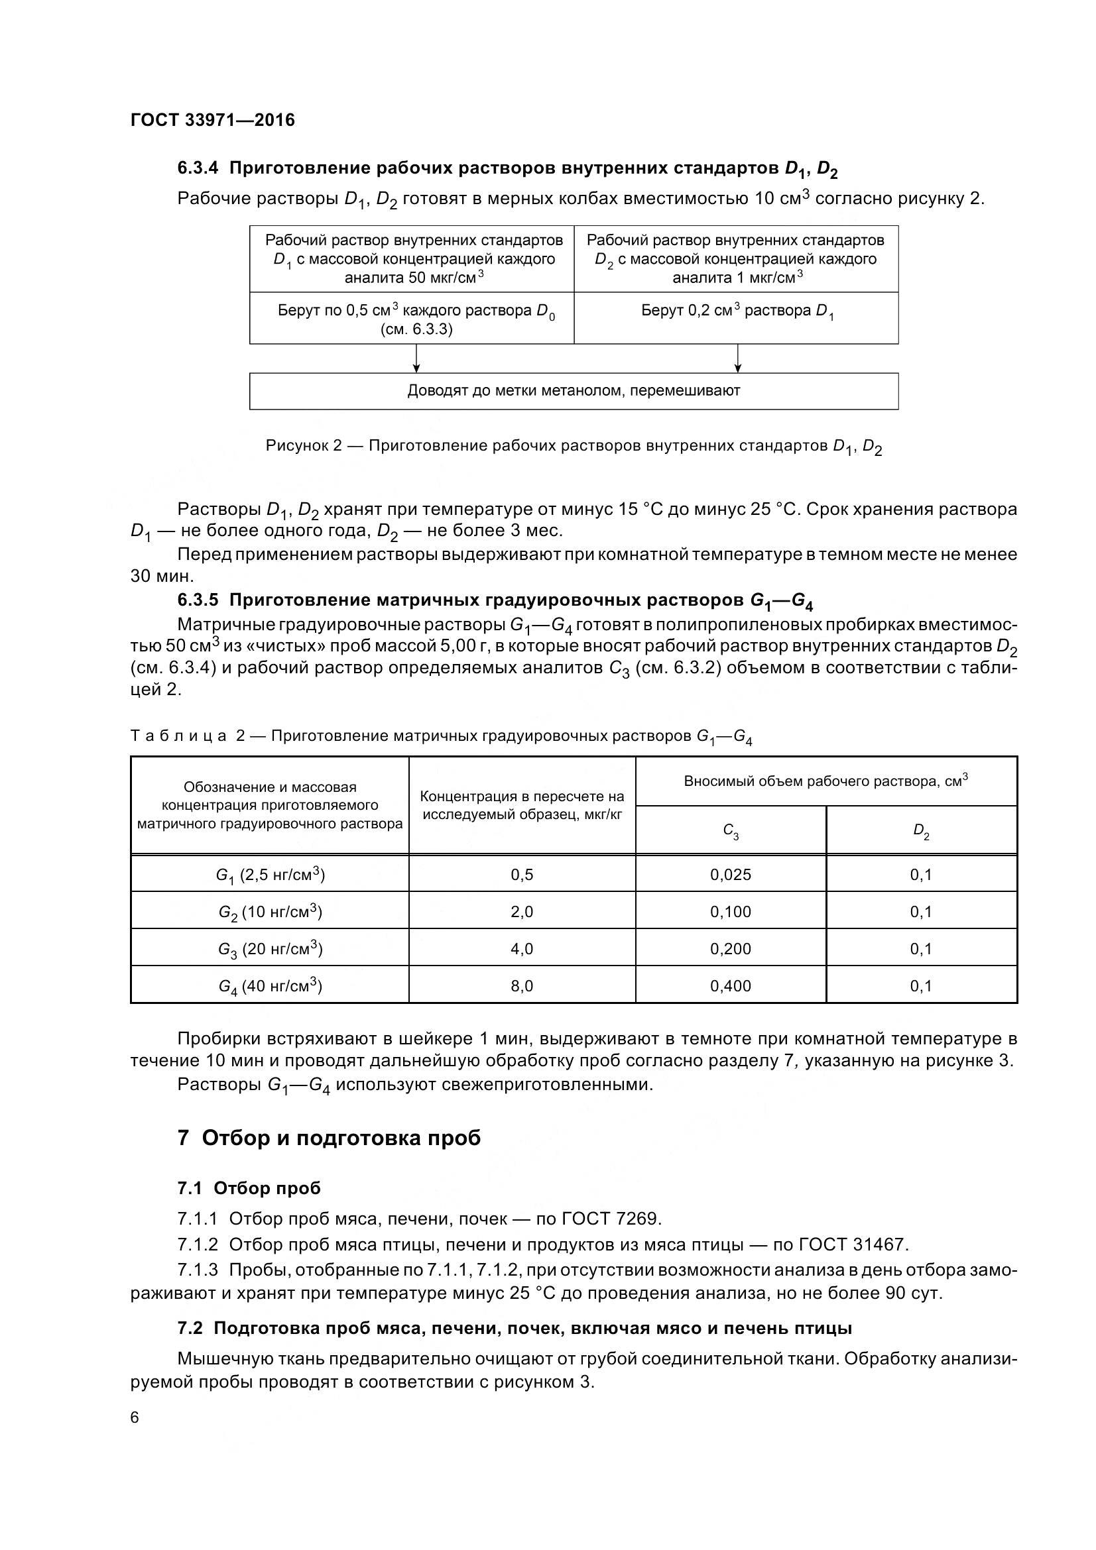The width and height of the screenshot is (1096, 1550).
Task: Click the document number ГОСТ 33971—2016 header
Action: (x=212, y=120)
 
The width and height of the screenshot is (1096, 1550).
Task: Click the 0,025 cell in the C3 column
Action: (x=730, y=875)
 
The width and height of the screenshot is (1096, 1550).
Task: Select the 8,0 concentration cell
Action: (x=521, y=986)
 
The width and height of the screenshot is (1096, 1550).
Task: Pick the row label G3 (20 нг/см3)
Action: (x=269, y=949)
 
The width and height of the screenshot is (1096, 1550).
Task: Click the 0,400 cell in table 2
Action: (x=730, y=986)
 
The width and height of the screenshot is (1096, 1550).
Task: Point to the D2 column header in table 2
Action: (x=921, y=832)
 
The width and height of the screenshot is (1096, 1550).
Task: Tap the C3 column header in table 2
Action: (x=730, y=832)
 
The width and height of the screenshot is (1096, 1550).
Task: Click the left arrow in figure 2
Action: (x=416, y=359)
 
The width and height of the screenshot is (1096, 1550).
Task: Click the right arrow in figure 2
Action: (x=737, y=359)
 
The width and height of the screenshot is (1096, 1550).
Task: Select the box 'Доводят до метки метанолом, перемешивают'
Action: (x=574, y=391)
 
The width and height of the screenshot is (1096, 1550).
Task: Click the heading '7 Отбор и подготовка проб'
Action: (x=329, y=1138)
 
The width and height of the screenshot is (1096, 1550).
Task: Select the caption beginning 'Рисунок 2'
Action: (x=574, y=446)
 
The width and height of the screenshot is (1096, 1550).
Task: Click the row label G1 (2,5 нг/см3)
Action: (x=269, y=875)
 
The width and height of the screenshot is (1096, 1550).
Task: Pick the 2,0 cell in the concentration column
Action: (x=521, y=912)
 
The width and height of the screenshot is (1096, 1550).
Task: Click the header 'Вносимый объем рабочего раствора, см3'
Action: (x=825, y=781)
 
